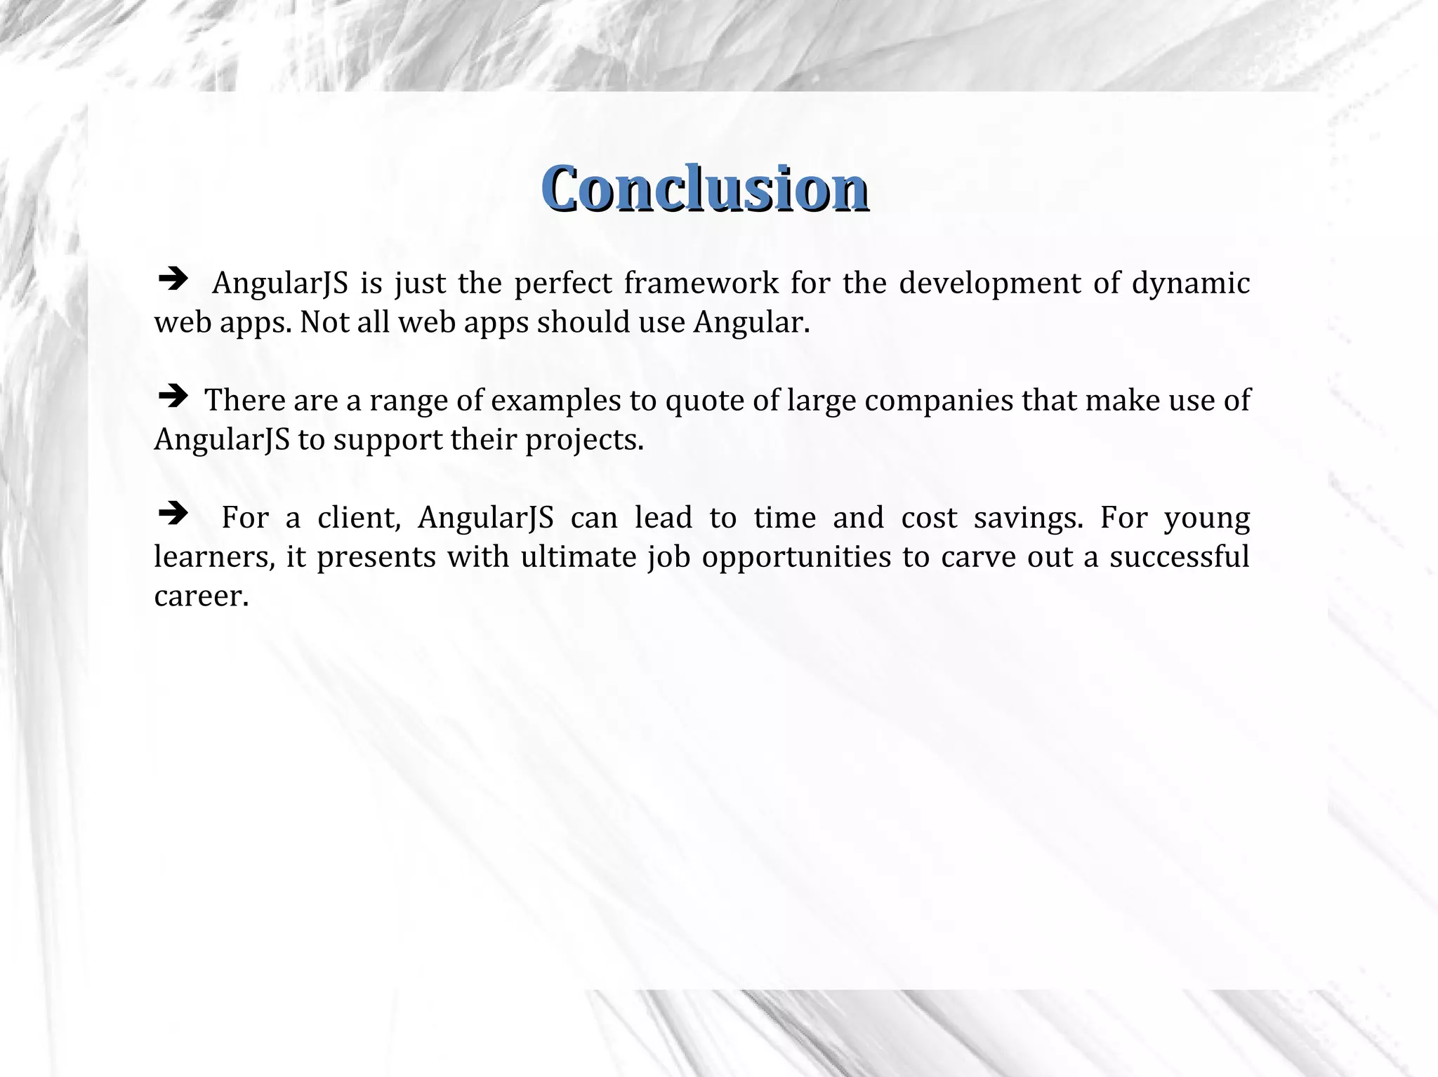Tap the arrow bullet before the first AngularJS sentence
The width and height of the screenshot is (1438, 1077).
[x=173, y=281]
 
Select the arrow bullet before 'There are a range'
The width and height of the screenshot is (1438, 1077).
[x=173, y=398]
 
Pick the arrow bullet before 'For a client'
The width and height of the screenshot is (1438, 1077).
[x=173, y=514]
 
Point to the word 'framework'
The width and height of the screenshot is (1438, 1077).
[x=701, y=283]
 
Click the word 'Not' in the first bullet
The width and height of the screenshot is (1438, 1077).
[x=320, y=323]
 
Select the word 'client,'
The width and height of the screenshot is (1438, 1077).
[x=359, y=519]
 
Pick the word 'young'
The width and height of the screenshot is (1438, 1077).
[x=1207, y=519]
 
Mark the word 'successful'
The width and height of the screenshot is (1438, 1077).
[x=1179, y=557]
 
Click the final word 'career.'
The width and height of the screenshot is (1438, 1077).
[x=202, y=596]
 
